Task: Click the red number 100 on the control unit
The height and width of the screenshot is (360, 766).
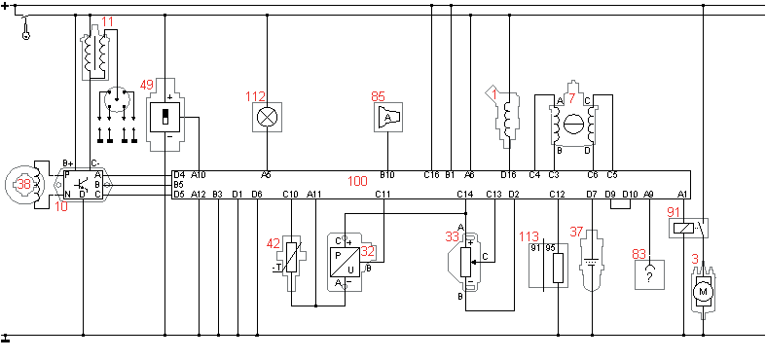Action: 357,181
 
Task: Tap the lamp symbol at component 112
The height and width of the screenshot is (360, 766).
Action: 268,117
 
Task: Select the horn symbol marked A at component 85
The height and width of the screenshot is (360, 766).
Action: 388,117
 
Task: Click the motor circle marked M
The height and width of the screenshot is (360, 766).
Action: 704,292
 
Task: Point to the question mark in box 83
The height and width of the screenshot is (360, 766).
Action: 649,276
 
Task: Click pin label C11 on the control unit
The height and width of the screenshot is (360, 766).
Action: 383,195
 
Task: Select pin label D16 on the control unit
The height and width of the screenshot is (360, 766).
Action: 508,174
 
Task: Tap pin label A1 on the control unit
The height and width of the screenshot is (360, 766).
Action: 683,195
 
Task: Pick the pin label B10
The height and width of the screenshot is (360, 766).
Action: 387,174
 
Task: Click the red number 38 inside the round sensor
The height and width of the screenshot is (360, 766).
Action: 24,185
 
